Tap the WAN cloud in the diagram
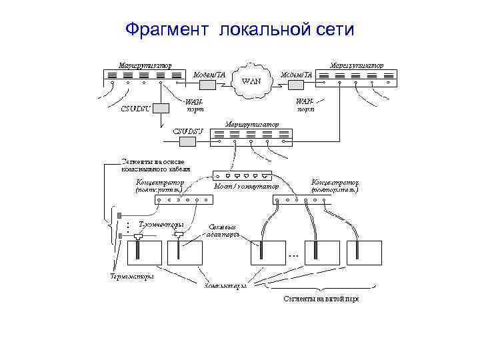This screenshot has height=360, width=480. click(x=251, y=81)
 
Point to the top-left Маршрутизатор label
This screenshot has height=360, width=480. click(x=145, y=65)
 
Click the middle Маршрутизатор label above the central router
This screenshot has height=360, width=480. click(x=252, y=124)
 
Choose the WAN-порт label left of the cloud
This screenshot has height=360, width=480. click(x=195, y=105)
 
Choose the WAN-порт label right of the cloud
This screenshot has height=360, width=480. click(x=305, y=105)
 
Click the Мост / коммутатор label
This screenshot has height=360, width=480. click(x=246, y=187)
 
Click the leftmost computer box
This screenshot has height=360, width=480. click(x=143, y=253)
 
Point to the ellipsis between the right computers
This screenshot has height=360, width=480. click(x=293, y=255)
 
